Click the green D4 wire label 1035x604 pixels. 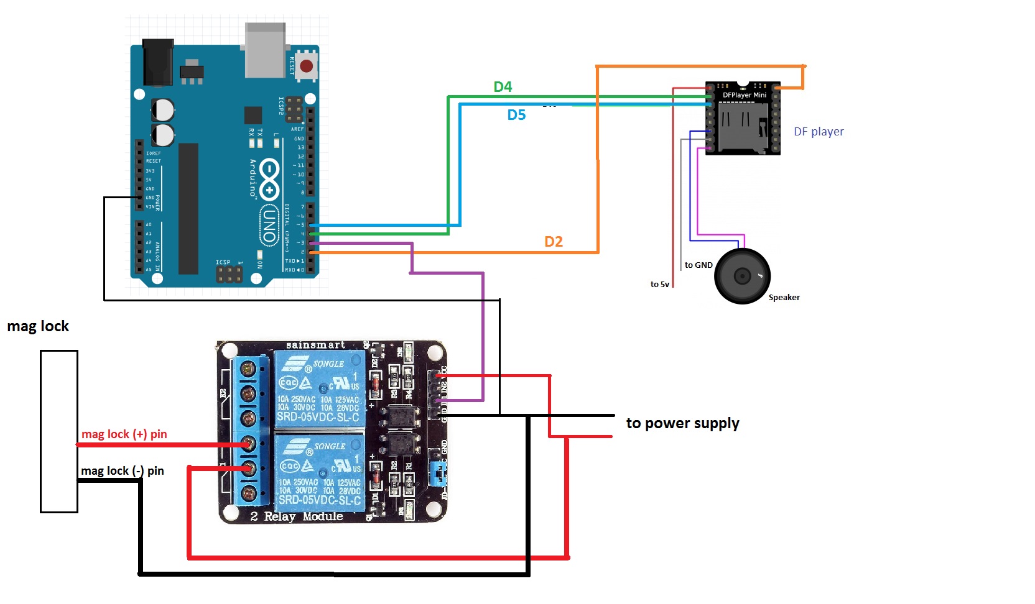point(503,87)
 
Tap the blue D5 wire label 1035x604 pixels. point(516,115)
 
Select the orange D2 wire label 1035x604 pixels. point(553,242)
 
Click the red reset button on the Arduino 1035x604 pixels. point(306,66)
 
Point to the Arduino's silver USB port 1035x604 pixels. point(266,50)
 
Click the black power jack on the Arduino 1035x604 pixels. point(157,62)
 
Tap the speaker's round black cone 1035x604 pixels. point(742,276)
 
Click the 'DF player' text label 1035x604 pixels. point(819,132)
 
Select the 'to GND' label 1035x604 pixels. point(699,265)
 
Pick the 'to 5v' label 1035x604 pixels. point(659,285)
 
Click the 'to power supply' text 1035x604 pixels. point(682,423)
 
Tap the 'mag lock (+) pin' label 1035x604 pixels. point(124,434)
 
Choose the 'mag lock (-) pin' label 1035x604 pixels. point(123,471)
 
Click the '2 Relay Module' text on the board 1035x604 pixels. point(297,516)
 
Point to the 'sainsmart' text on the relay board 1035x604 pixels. point(315,345)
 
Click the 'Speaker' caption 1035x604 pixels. point(784,298)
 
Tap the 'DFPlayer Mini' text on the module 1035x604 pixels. point(744,95)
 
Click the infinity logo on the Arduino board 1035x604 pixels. point(269,178)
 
